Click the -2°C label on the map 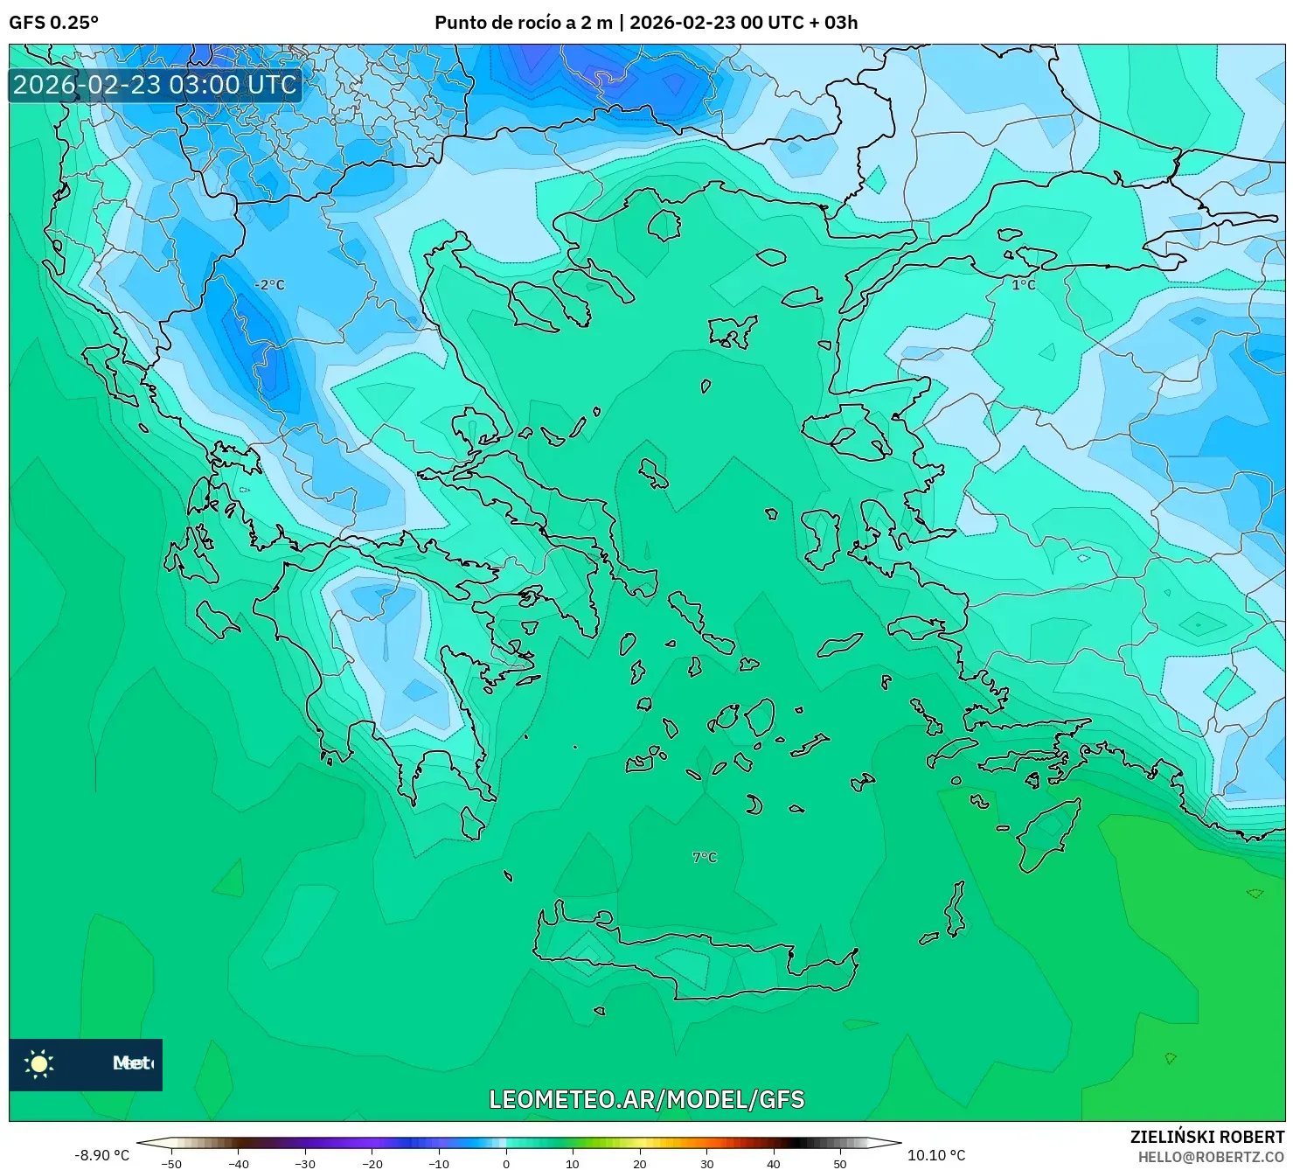coord(269,285)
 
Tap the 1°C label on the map coord(1023,285)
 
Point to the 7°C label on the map coord(705,858)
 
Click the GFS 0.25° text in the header coord(53,23)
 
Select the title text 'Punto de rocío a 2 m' coord(523,23)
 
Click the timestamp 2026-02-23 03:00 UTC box coord(156,85)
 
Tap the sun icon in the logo coord(39,1063)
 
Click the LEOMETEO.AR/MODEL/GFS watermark coord(646,1099)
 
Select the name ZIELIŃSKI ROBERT coord(1206,1137)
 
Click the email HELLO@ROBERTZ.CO coord(1211,1157)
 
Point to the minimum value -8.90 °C coord(101,1155)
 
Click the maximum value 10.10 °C coord(936,1155)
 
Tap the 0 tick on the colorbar coord(506,1163)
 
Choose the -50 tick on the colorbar coord(172,1163)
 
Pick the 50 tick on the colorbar coord(840,1163)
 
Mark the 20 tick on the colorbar coord(640,1163)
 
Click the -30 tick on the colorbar coord(305,1163)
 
